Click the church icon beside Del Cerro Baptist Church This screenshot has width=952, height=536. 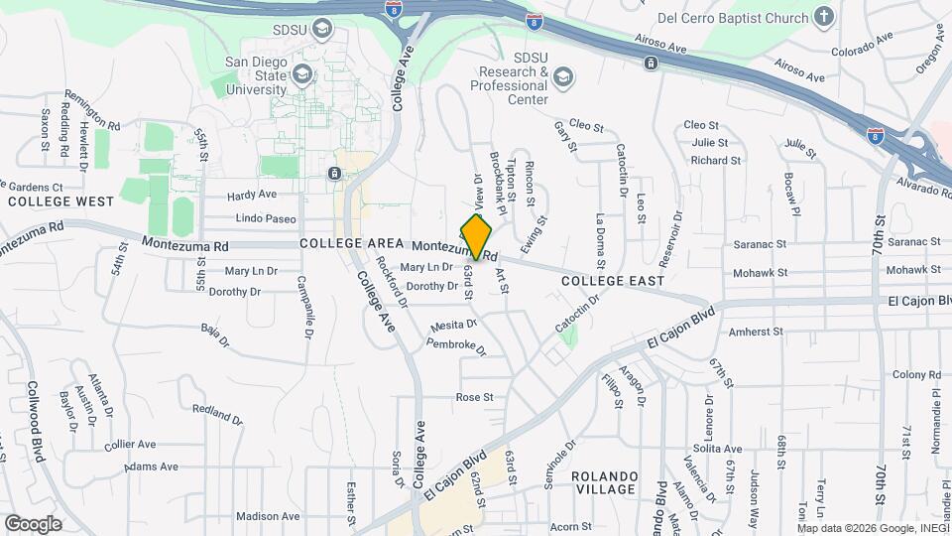[823, 16]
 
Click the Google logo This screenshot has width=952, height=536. [33, 523]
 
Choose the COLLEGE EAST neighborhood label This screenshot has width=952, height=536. [612, 281]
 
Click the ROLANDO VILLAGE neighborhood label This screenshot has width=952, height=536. [605, 482]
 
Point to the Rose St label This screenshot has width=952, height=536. [474, 397]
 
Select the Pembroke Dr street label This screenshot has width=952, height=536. [455, 346]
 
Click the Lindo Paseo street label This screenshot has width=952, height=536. [266, 218]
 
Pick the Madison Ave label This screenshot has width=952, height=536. [268, 516]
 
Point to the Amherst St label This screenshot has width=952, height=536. [756, 333]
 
